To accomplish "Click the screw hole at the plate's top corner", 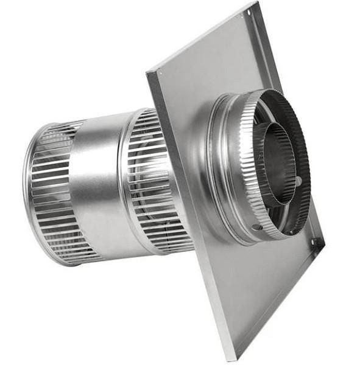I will [x=249, y=11].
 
